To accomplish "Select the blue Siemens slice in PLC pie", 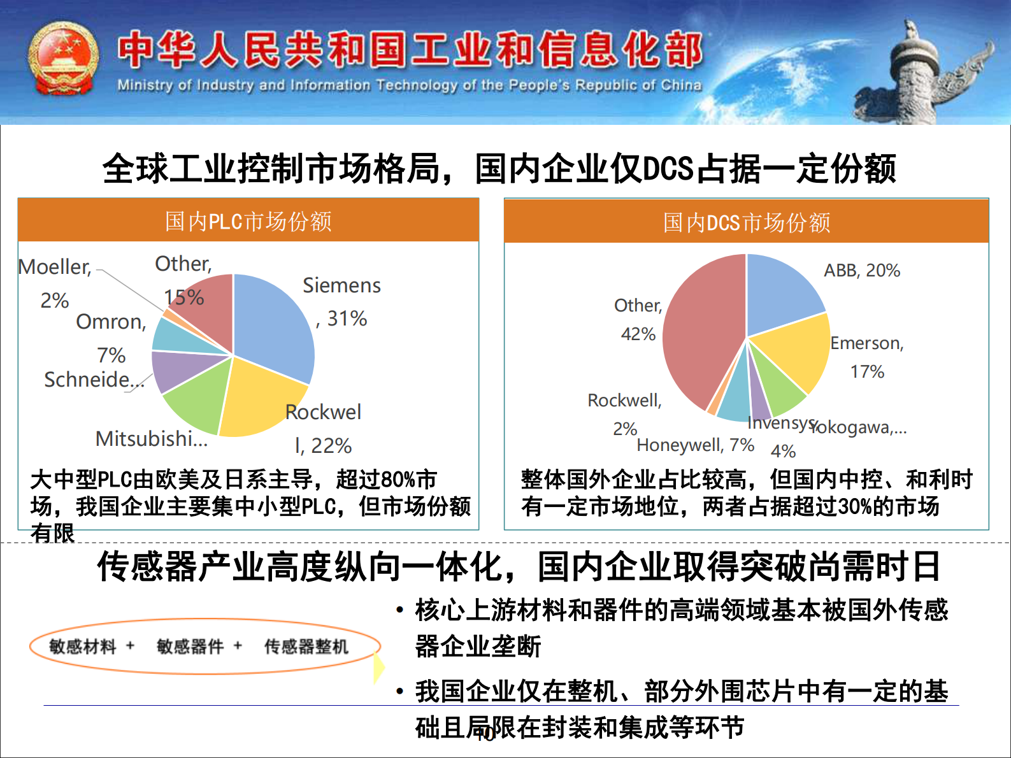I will click(x=274, y=325).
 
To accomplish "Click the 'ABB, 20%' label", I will click(x=862, y=271).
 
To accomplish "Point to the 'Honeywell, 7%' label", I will click(x=695, y=445).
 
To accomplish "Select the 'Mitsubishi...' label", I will click(x=152, y=439).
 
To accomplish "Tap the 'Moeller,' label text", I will click(x=55, y=267).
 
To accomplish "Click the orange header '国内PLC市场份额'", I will click(x=248, y=221).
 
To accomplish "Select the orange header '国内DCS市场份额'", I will click(x=747, y=222).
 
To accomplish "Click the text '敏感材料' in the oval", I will click(x=83, y=647).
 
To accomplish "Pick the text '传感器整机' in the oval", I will click(x=306, y=647).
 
